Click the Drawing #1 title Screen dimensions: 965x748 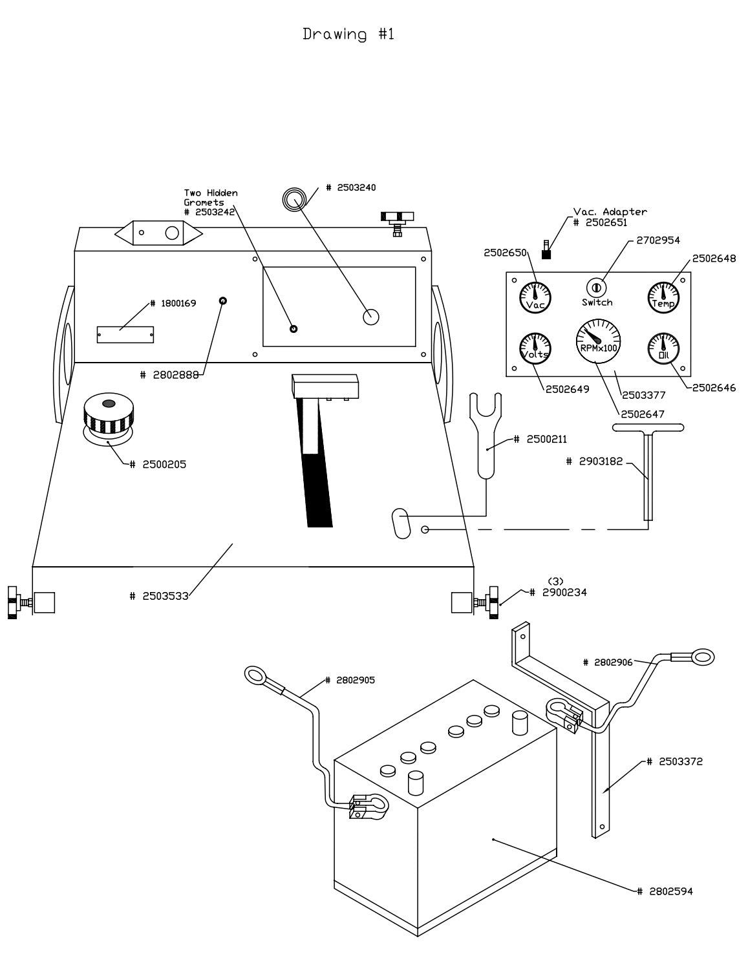click(x=348, y=34)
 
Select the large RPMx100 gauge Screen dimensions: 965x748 click(x=597, y=341)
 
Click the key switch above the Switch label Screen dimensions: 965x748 click(x=596, y=286)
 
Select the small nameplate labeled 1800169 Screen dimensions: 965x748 click(x=125, y=334)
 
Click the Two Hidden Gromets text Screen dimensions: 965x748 click(x=211, y=198)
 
